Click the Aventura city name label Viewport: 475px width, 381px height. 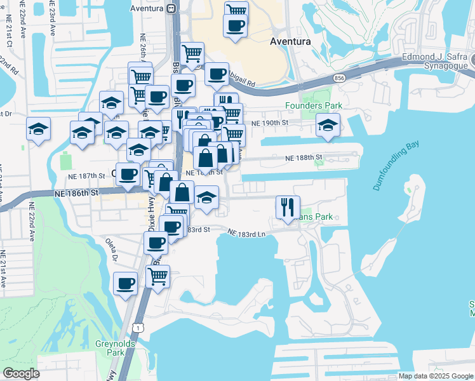tap(290, 41)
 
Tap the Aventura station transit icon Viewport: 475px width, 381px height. tap(170, 8)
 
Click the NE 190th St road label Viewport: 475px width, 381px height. tap(270, 123)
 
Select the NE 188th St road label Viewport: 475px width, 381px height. tap(304, 157)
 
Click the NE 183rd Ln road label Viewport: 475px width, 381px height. tap(246, 234)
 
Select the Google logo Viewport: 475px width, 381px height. tap(21, 373)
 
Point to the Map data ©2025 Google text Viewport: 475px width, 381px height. tap(436, 376)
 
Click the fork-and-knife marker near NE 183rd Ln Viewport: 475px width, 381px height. tap(287, 206)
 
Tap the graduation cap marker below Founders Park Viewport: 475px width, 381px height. tap(328, 124)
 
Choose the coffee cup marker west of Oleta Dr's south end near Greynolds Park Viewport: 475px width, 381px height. tap(126, 283)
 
